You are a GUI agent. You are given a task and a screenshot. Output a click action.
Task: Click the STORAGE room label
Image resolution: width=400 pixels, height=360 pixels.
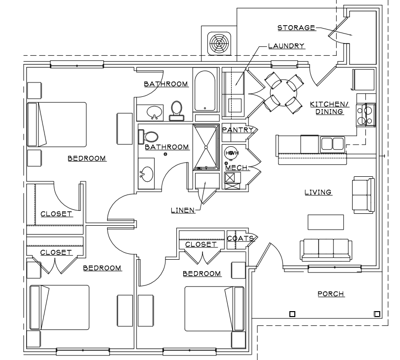click(x=296, y=28)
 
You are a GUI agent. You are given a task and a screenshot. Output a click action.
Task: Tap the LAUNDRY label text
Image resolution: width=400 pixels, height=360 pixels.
click(x=286, y=46)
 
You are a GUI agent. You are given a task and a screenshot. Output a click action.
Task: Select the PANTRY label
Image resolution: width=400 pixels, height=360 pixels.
click(x=238, y=130)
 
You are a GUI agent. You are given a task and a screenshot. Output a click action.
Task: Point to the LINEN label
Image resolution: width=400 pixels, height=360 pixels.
click(x=183, y=210)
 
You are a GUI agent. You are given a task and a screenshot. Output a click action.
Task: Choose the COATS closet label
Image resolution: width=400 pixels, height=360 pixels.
click(x=240, y=239)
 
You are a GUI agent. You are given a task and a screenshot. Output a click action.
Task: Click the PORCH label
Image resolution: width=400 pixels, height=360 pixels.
click(x=330, y=294)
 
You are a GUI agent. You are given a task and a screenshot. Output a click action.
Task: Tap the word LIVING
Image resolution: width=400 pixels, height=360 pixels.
click(x=317, y=192)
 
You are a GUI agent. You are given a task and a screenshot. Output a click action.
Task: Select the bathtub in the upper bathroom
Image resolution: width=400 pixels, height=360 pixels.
click(x=204, y=91)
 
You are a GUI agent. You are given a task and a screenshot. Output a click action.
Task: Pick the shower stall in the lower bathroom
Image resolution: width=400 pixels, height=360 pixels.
click(x=205, y=147)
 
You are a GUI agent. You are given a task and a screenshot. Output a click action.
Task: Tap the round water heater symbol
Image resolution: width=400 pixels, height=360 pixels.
click(x=230, y=154)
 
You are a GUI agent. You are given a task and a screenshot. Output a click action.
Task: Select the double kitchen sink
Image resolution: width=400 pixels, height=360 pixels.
click(x=332, y=144)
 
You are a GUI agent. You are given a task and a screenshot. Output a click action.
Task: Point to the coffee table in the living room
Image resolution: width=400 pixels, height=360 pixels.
click(x=326, y=222)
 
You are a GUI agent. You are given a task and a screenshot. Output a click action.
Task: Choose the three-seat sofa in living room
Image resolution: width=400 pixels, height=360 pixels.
click(x=326, y=249)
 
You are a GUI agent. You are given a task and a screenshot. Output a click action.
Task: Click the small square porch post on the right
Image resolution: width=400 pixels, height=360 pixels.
click(x=377, y=314)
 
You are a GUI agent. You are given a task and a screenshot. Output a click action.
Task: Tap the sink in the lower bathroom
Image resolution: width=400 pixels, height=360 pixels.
click(x=147, y=174)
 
